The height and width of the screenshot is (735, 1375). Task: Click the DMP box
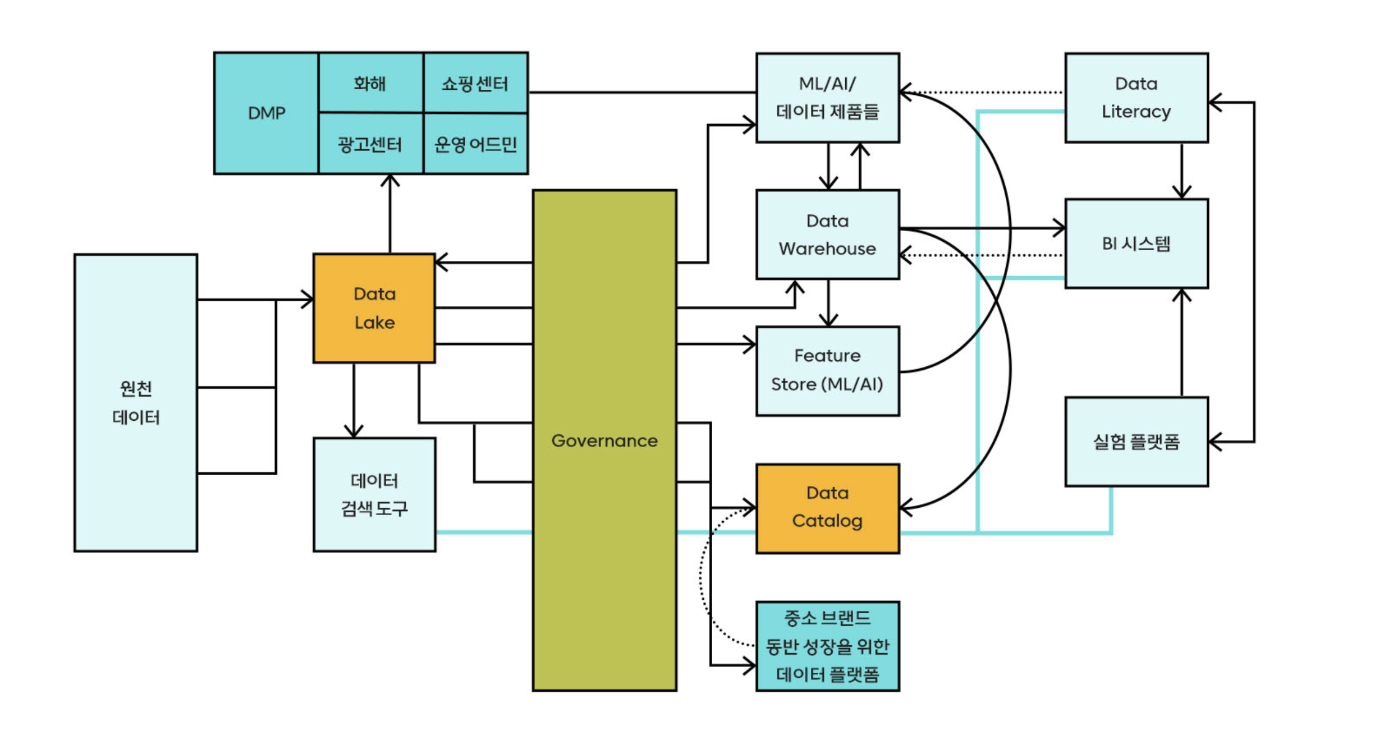(x=266, y=113)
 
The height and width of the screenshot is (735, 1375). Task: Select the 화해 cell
(x=370, y=84)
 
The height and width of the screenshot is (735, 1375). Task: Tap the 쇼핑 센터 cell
(x=475, y=84)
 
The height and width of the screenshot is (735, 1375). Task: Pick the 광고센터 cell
(x=370, y=144)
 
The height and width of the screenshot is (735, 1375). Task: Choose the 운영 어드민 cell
(x=475, y=144)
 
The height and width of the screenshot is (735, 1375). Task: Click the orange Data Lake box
(x=374, y=308)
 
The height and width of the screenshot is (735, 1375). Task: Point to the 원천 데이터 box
(x=136, y=402)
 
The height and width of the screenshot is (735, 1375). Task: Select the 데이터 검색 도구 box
(x=374, y=494)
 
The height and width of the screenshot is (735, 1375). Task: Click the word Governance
(x=604, y=440)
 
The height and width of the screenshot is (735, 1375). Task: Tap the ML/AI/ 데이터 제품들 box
(x=827, y=98)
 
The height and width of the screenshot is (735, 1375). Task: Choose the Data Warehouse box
(x=827, y=235)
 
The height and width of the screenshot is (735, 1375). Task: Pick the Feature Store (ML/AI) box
(x=827, y=370)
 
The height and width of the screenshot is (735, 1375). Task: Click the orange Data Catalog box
(x=827, y=508)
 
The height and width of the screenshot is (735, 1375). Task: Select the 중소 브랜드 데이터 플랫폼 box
(x=827, y=646)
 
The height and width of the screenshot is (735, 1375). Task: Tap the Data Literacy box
(x=1136, y=98)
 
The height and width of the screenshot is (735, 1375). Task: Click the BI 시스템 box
(x=1136, y=244)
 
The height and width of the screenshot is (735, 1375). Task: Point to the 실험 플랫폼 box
(x=1136, y=442)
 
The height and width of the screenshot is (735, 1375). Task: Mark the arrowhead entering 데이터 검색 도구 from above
(x=354, y=432)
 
